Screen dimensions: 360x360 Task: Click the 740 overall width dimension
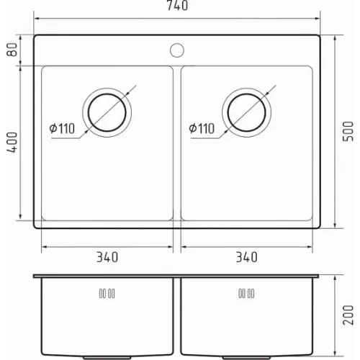tap(177, 5)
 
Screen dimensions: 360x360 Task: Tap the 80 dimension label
tap(12, 50)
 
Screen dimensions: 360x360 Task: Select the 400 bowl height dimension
tap(12, 143)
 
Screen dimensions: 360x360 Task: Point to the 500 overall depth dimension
tap(348, 131)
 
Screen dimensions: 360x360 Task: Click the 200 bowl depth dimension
tap(348, 315)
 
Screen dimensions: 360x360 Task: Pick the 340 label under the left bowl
tap(107, 257)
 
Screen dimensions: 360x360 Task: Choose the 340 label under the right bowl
tap(247, 257)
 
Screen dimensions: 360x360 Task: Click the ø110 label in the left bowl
tap(62, 129)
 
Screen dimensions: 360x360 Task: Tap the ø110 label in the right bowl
tap(202, 129)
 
